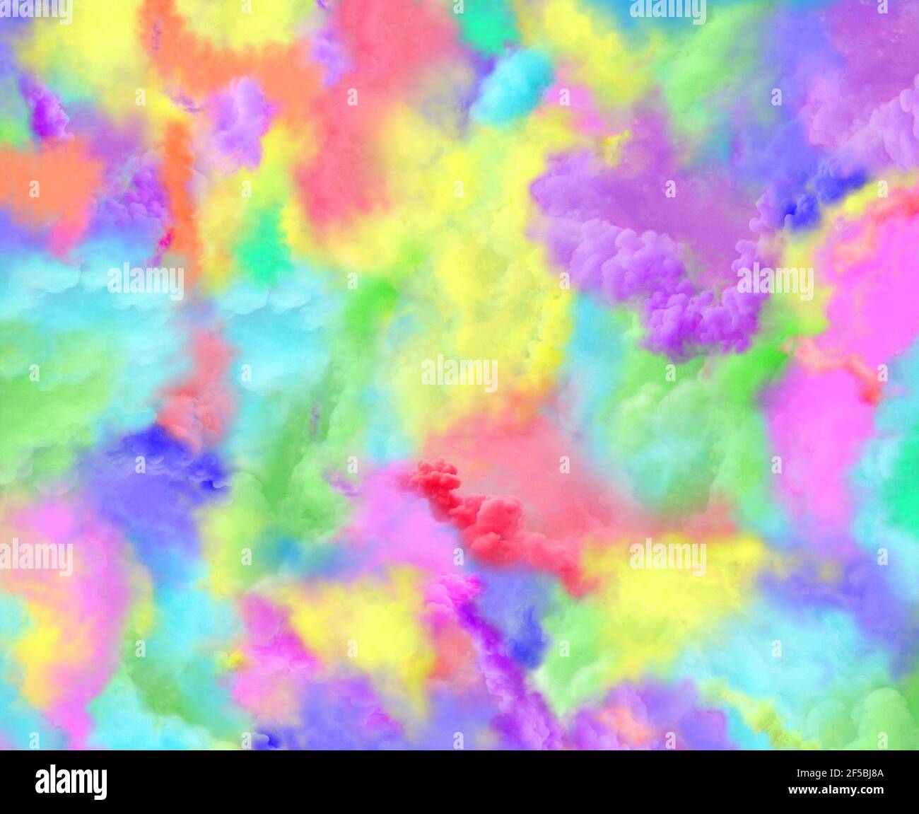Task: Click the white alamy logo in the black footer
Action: click(71, 782)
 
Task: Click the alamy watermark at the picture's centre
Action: click(459, 373)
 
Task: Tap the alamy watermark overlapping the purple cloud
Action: click(775, 281)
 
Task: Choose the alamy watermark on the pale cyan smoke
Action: click(146, 281)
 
